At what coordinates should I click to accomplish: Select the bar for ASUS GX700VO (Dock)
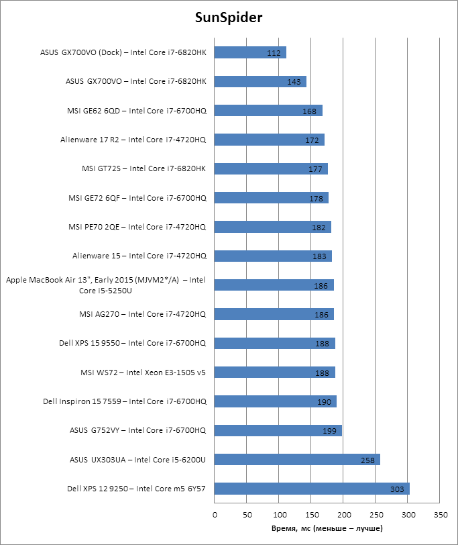point(250,52)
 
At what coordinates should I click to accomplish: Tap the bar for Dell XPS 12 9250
point(312,489)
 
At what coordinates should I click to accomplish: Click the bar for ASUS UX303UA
point(297,460)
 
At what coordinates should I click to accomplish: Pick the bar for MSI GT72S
point(272,168)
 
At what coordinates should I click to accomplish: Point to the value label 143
point(294,82)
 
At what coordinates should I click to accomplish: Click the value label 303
point(397,489)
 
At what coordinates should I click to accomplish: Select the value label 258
point(368,460)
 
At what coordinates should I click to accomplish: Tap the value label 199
point(330,431)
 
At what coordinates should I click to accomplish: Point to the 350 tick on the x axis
point(441,515)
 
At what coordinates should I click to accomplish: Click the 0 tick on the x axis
point(215,515)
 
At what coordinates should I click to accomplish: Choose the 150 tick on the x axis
point(311,515)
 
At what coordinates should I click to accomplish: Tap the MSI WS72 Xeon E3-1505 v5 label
point(142,373)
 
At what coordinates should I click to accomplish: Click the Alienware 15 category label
point(139,256)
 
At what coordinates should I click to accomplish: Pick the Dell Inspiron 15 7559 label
point(124,401)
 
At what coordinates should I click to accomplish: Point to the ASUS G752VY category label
point(137,430)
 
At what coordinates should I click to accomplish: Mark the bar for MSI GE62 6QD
point(268,111)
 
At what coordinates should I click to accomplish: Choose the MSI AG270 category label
point(142,314)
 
